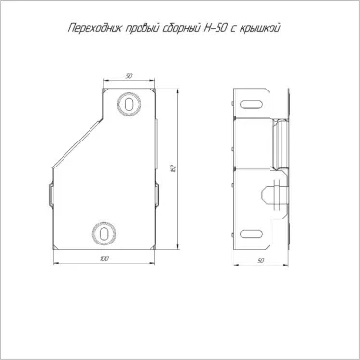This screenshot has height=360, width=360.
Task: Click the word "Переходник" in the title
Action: click(x=90, y=29)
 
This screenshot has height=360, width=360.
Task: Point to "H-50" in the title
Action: click(x=219, y=29)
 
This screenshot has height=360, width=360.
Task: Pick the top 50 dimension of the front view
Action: click(x=127, y=75)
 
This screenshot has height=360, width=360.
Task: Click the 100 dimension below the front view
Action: click(x=102, y=260)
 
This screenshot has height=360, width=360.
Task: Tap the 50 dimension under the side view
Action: click(x=260, y=260)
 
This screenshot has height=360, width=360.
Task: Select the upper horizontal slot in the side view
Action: click(x=253, y=99)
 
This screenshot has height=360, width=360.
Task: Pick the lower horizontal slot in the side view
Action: click(x=253, y=231)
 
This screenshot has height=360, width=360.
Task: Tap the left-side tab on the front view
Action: click(x=49, y=193)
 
